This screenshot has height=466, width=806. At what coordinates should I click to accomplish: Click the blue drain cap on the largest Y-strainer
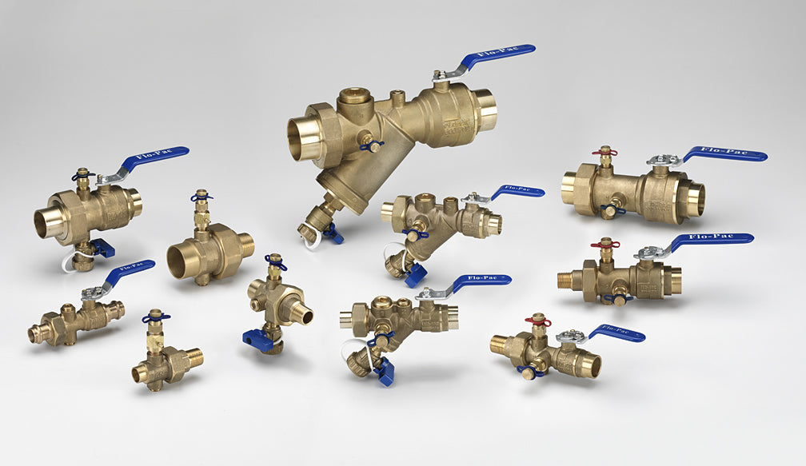coord(333,234)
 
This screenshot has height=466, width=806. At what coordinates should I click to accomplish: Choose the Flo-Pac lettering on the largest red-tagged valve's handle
coord(723,152)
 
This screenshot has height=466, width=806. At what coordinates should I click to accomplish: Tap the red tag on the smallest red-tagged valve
coord(538,321)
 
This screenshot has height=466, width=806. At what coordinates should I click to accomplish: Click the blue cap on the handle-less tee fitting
coord(258,339)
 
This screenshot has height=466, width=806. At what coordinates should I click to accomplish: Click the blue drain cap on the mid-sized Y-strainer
coord(415,275)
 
